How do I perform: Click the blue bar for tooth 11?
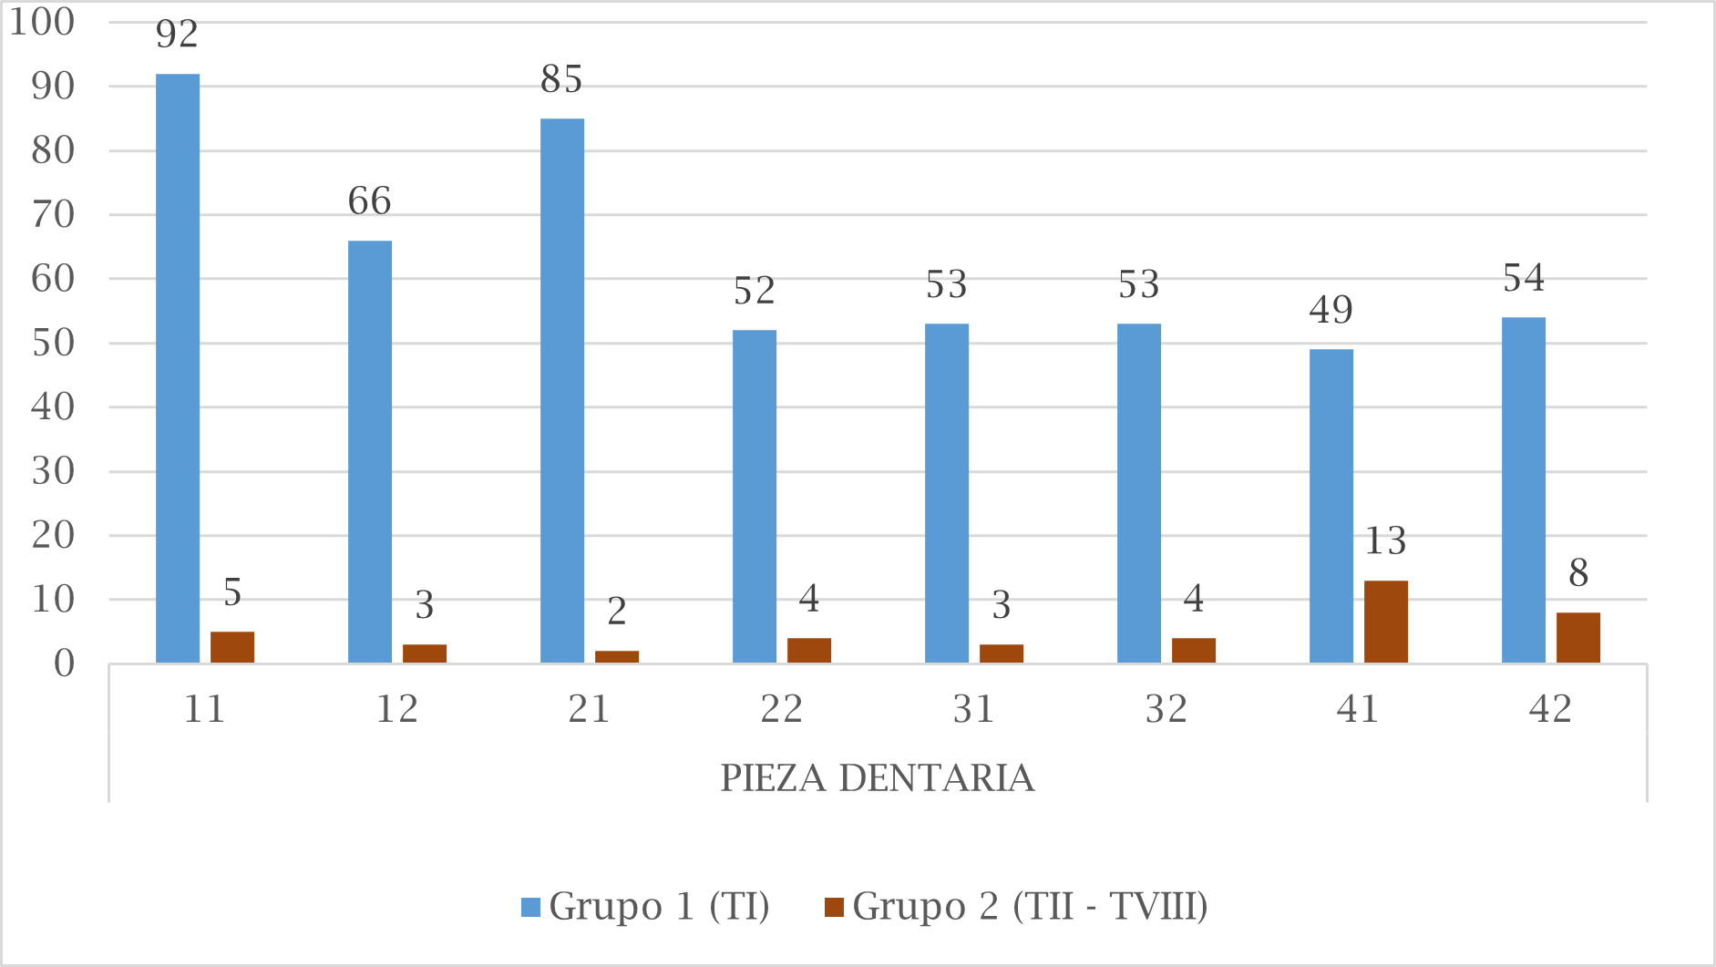(x=178, y=368)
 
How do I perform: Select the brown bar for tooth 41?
(x=1385, y=622)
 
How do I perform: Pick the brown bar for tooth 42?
(x=1577, y=637)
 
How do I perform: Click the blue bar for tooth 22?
(x=755, y=496)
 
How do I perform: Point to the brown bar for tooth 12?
(x=425, y=653)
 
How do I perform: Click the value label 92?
(x=177, y=35)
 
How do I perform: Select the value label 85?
(x=561, y=80)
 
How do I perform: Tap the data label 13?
(x=1385, y=542)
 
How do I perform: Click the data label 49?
(x=1331, y=311)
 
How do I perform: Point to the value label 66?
(x=369, y=201)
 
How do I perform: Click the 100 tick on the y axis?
(x=43, y=22)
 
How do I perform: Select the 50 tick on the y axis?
(x=53, y=344)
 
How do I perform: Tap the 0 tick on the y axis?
(x=64, y=664)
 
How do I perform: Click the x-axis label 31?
(x=973, y=709)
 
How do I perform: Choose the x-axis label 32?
(x=1166, y=709)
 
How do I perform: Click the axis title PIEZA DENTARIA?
(x=878, y=778)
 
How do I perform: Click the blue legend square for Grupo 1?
(x=531, y=907)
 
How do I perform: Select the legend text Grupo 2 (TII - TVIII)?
(x=1030, y=906)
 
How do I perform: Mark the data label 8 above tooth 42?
(x=1578, y=574)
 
